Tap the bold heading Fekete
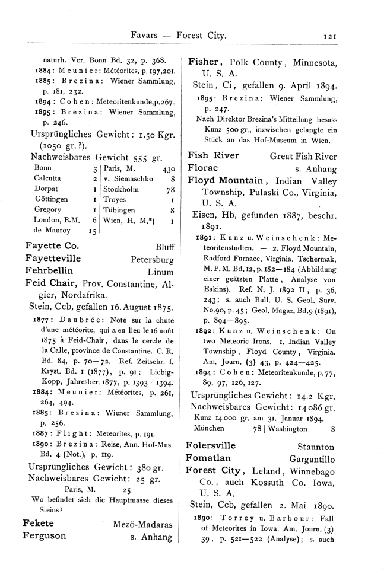[x=39, y=524]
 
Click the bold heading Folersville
[x=211, y=446]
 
